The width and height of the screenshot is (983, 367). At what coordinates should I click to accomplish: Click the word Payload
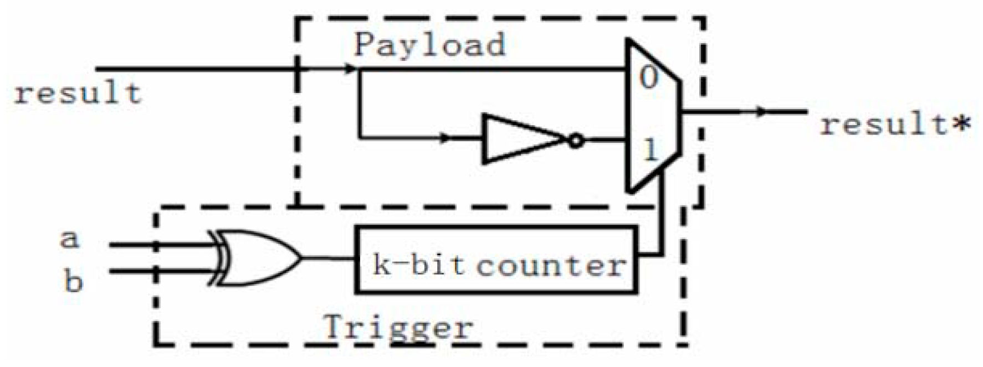click(429, 44)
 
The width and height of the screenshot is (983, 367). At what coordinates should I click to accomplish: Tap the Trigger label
click(398, 327)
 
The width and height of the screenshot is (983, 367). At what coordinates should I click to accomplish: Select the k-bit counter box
click(496, 259)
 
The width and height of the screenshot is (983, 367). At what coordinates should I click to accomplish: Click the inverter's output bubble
click(576, 141)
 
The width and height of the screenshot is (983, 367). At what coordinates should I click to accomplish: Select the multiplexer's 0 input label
click(648, 77)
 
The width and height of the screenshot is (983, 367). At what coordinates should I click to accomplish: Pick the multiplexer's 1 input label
click(650, 149)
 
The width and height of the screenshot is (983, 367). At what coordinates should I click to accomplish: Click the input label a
click(70, 239)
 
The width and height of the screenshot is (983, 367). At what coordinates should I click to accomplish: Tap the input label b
click(73, 281)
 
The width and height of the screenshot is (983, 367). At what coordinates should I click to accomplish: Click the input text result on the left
click(78, 93)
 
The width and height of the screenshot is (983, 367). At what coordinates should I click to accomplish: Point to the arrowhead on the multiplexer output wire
click(761, 112)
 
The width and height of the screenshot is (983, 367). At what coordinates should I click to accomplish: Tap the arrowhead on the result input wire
click(350, 69)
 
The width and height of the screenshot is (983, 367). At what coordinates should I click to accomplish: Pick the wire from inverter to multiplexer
click(604, 141)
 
